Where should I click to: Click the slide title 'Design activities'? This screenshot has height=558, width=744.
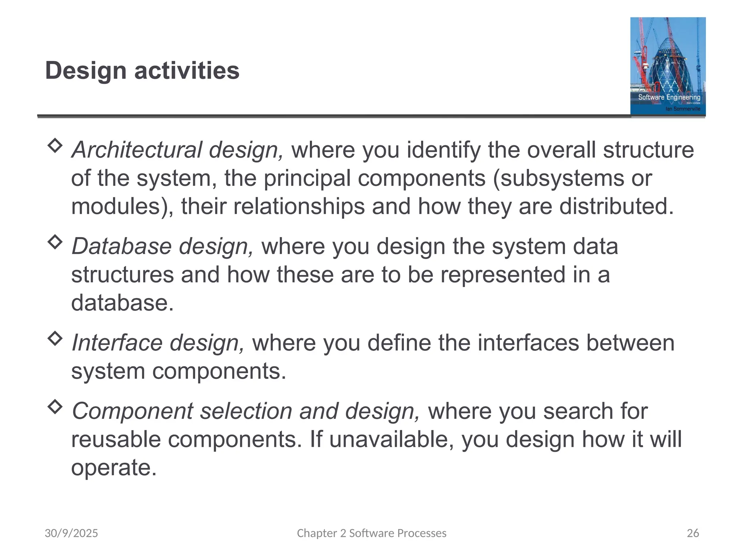pos(142,70)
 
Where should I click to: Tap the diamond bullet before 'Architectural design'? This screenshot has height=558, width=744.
pos(55,145)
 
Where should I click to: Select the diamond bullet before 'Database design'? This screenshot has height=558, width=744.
pos(55,242)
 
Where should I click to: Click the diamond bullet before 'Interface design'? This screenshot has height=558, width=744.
pos(55,339)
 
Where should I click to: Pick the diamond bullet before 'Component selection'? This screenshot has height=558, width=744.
pos(55,407)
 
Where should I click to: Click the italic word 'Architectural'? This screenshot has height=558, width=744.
pos(136,150)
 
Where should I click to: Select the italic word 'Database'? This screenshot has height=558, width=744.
pos(121,246)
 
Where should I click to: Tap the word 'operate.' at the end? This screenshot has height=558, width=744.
pos(114,468)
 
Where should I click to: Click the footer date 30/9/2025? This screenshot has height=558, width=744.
pos(71,533)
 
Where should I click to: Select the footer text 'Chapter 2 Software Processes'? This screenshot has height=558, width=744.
pos(372,533)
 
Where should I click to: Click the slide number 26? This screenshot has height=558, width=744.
pos(693,533)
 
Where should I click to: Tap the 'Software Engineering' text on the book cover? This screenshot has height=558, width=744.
pos(669,97)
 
